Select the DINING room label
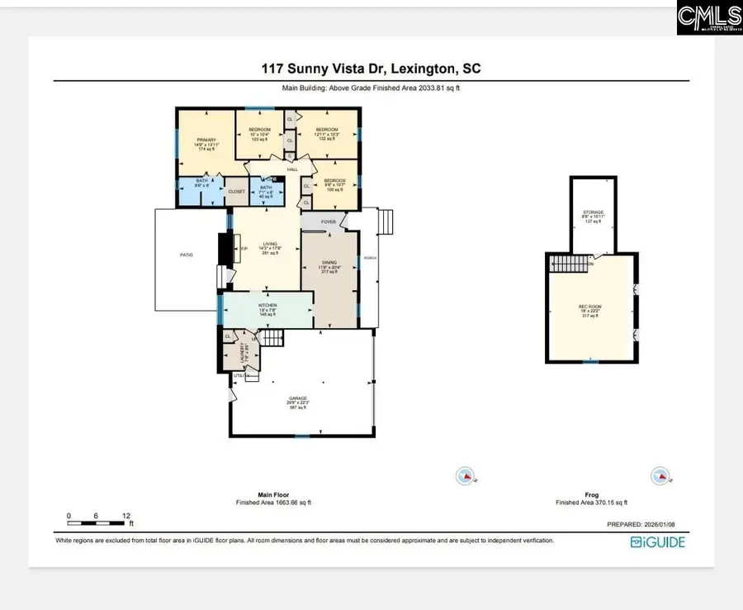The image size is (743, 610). point(329,264)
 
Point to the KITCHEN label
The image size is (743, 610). point(267,305)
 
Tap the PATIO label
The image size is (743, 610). point(187,255)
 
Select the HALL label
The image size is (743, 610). point(291,170)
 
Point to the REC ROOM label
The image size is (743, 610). point(589,307)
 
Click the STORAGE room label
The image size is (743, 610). point(594,212)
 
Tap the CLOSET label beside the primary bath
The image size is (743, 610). point(236,191)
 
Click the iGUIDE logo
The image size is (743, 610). point(657,542)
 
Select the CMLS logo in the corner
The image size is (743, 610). point(709,17)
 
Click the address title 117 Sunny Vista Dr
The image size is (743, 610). point(371,69)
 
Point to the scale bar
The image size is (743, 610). point(97,522)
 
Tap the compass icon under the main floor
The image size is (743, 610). point(466,475)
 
